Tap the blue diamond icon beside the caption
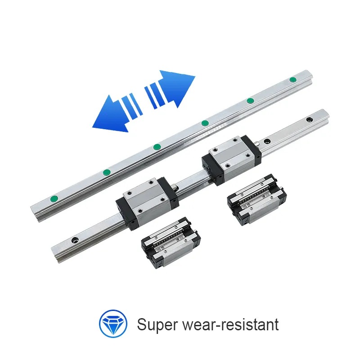point(112,324)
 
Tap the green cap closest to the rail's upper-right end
point(293,80)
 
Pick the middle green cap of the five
point(157,147)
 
